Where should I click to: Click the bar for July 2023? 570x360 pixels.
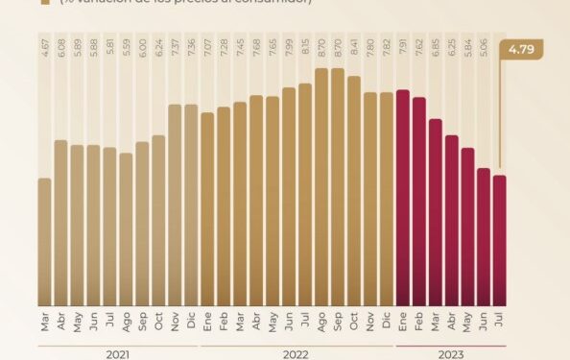(x=500, y=241)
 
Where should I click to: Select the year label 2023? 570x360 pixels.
(x=451, y=353)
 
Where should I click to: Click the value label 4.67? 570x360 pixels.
(x=45, y=48)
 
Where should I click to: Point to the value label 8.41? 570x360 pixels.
(x=354, y=48)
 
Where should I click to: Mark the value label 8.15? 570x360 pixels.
(x=305, y=48)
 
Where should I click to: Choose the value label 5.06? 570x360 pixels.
(x=485, y=48)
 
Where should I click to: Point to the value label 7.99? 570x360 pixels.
(x=289, y=48)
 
